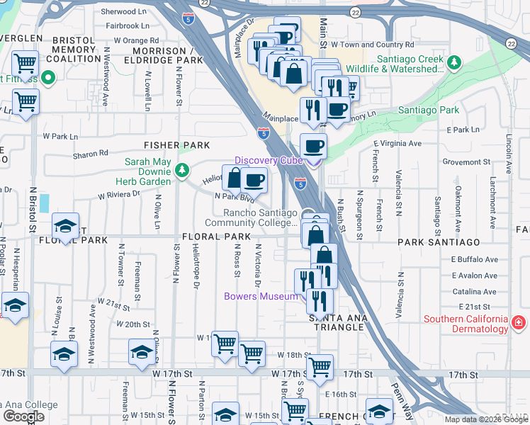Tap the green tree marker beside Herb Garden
(183, 170)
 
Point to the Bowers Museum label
(261, 296)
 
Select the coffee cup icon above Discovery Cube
(313, 147)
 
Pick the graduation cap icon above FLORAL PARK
(65, 226)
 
